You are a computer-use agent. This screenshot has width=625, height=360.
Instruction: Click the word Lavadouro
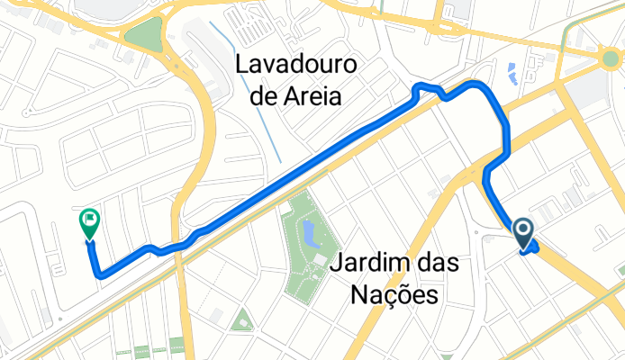(x=294, y=66)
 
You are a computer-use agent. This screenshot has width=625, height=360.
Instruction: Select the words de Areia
(x=294, y=95)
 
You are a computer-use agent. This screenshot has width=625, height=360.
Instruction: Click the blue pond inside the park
(x=311, y=237)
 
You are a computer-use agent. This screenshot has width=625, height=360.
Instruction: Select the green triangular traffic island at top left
(x=140, y=36)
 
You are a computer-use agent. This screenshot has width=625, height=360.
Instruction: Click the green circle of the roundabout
(x=613, y=60)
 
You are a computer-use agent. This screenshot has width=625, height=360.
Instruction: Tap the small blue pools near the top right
(x=511, y=72)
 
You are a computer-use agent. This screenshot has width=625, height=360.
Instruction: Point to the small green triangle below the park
(x=240, y=319)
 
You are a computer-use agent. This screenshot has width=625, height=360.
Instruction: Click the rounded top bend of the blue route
(x=475, y=84)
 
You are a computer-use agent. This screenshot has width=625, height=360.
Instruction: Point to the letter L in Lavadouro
(x=241, y=66)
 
